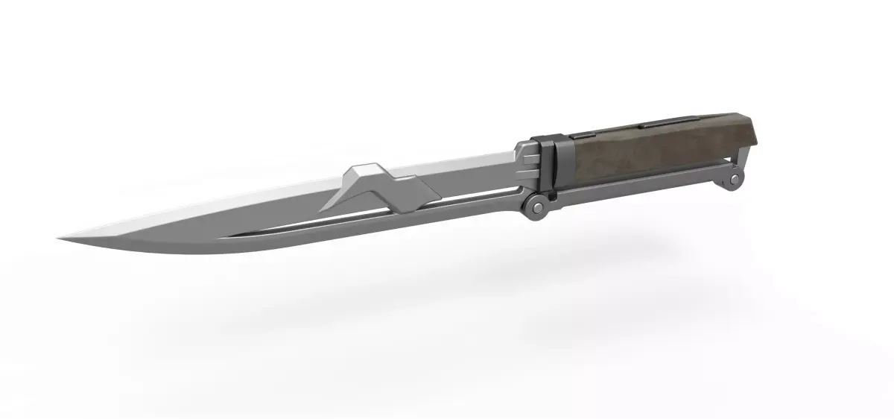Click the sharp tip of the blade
[x=60, y=238]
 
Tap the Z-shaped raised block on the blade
[x=372, y=186]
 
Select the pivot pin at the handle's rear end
[x=736, y=179]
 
